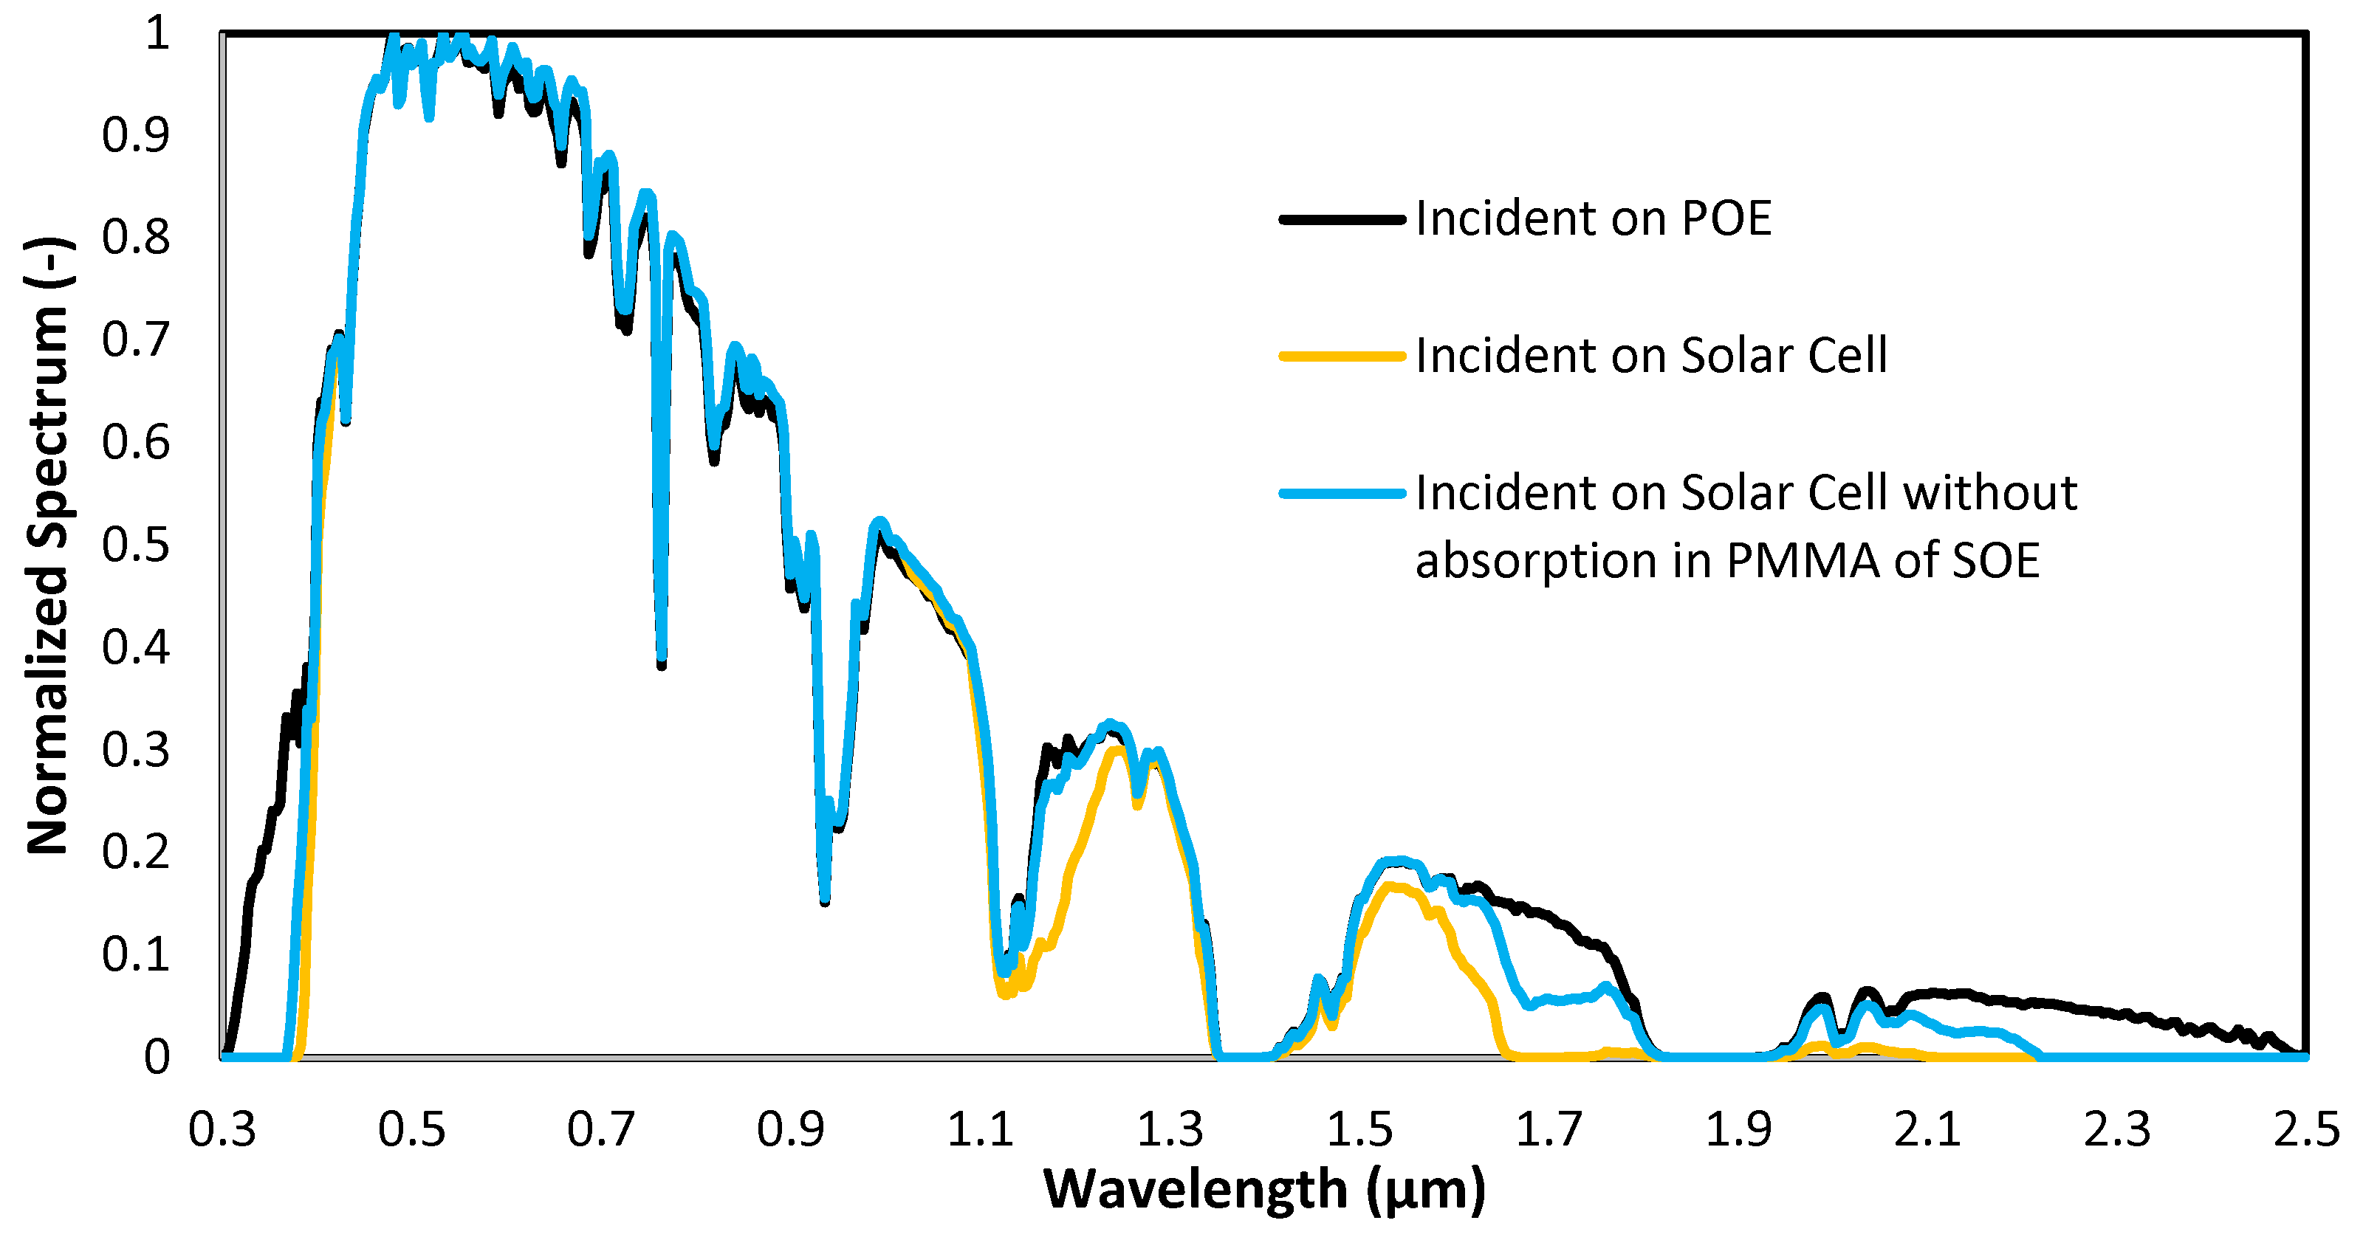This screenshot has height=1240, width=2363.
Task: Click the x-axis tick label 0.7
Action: (601, 1130)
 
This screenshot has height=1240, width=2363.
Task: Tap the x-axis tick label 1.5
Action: (1359, 1130)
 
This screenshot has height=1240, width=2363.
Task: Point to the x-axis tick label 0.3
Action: (222, 1130)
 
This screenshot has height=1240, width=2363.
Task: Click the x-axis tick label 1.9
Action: (1738, 1130)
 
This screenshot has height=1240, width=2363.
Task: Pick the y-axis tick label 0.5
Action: (136, 545)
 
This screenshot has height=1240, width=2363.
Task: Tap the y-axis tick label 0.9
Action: (136, 136)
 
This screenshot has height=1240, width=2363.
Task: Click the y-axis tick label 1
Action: (158, 34)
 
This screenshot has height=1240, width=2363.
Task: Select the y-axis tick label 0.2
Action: (136, 852)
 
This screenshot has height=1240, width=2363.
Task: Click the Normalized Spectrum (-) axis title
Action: (48, 545)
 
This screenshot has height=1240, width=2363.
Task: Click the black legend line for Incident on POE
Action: (1342, 219)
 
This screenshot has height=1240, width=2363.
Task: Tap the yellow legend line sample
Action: (1342, 356)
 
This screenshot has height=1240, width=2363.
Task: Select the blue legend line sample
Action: (1342, 494)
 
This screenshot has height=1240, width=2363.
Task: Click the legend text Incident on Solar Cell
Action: (1651, 356)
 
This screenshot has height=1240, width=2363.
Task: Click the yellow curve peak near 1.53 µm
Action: (1390, 886)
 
